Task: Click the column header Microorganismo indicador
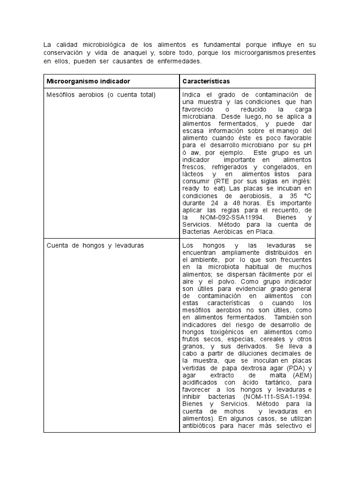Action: pyautogui.click(x=88, y=82)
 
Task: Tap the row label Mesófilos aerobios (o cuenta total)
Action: pyautogui.click(x=101, y=95)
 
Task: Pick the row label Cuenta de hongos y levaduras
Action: pyautogui.click(x=95, y=245)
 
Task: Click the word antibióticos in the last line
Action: pyautogui.click(x=202, y=426)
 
